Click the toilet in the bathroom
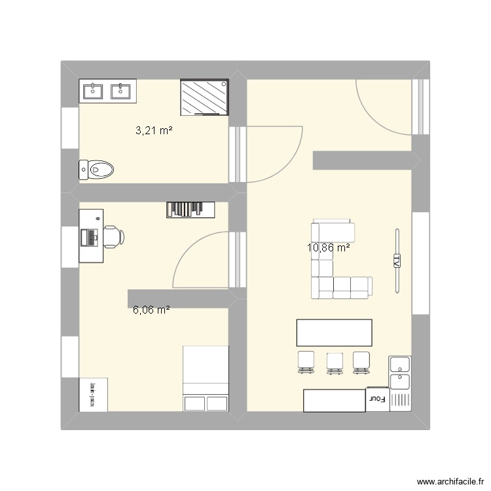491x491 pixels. [96, 170]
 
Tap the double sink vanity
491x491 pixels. [108, 91]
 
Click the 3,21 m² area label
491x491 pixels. [154, 131]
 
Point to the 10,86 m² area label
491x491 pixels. [328, 248]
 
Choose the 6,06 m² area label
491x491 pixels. [151, 310]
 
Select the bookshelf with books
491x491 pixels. [191, 209]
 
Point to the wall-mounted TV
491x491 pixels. [396, 261]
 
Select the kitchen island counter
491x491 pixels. [334, 333]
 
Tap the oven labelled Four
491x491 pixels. [376, 399]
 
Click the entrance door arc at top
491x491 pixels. [383, 108]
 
